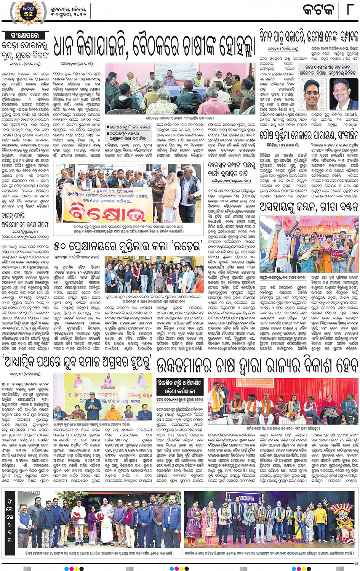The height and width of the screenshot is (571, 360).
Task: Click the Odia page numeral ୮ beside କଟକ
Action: [349, 9]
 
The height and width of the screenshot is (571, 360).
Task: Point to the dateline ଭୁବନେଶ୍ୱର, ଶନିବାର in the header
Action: [68, 8]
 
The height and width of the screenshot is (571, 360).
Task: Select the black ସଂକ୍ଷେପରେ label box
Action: [25, 35]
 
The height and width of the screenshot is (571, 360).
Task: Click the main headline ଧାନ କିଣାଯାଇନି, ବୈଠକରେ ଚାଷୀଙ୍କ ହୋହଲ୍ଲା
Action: [154, 46]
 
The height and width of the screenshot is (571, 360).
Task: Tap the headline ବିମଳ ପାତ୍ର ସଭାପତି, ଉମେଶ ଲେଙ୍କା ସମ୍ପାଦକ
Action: [309, 37]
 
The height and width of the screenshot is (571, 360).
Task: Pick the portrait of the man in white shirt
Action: [312, 94]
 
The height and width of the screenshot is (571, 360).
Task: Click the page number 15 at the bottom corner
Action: [356, 563]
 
